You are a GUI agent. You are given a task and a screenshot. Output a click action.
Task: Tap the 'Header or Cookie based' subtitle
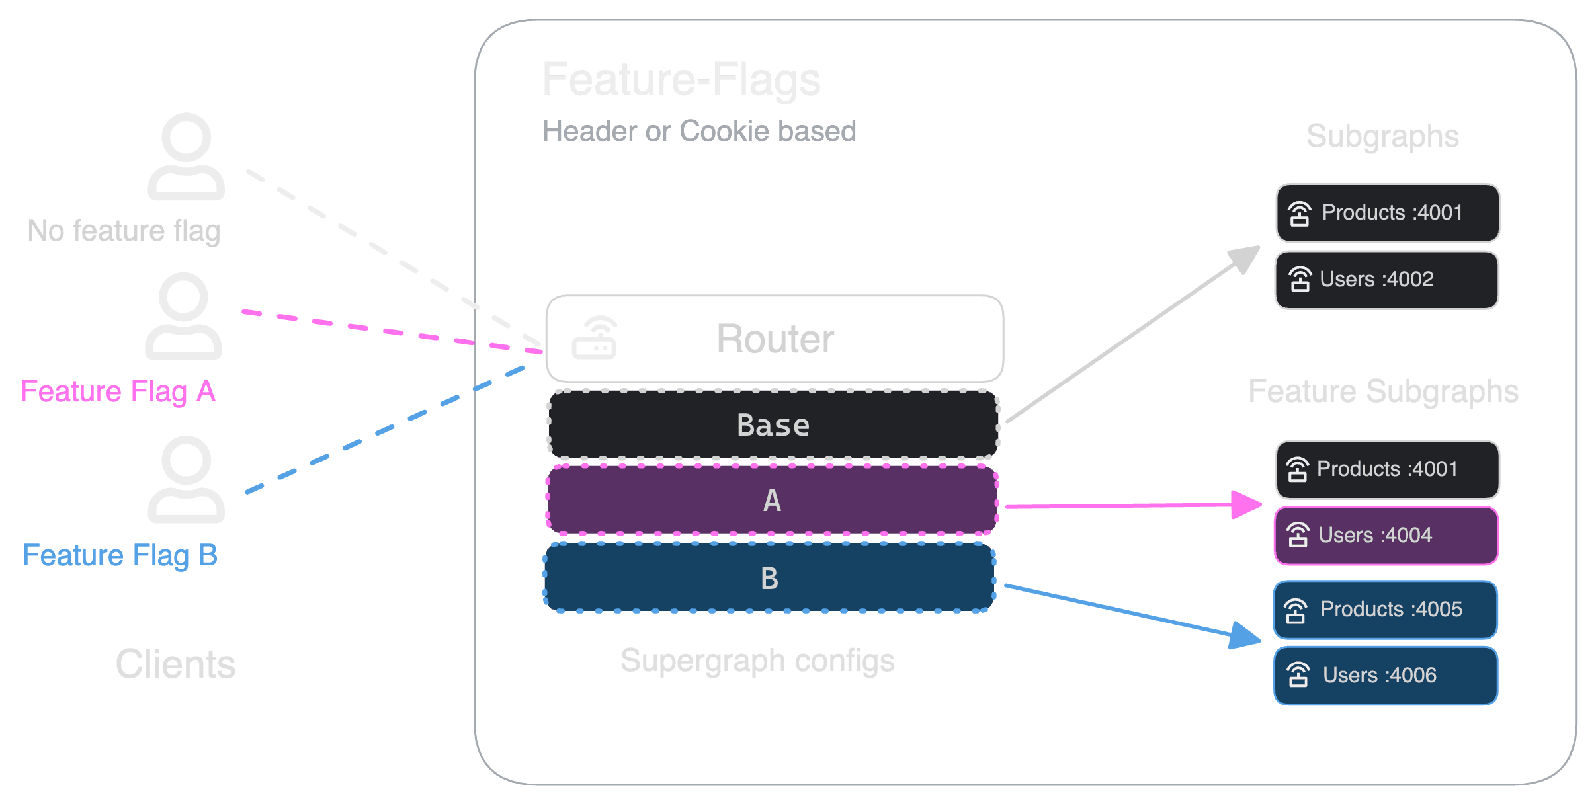(699, 131)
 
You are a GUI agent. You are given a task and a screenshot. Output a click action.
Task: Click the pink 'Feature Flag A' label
(118, 391)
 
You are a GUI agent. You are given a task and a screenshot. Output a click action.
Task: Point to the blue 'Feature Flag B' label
(120, 555)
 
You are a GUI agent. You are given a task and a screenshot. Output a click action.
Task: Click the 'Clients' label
(175, 664)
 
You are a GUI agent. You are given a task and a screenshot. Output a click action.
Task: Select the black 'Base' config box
(773, 424)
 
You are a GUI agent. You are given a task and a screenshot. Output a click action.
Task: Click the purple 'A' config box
(771, 500)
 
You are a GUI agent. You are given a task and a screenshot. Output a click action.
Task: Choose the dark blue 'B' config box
(769, 578)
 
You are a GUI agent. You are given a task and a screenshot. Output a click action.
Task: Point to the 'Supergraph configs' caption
(757, 661)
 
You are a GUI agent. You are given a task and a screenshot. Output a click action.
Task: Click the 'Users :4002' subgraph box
(1386, 280)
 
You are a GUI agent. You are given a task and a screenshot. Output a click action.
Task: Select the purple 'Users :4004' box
(1386, 536)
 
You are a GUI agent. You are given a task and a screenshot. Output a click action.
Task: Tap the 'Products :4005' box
(1385, 610)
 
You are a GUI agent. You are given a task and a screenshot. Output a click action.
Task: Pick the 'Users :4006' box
(1385, 676)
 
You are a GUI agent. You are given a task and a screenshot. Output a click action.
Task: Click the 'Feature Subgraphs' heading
(1383, 391)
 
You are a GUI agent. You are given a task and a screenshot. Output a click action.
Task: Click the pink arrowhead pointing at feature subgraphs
(1247, 504)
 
